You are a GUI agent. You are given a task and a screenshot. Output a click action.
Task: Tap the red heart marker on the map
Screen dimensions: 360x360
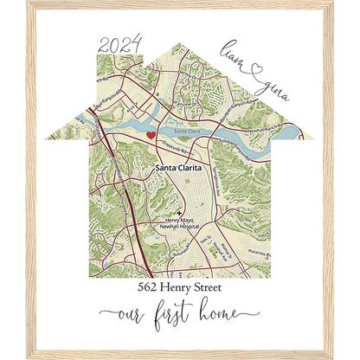point(151,135)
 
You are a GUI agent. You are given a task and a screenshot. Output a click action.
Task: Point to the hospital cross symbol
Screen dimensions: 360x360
point(180,212)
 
